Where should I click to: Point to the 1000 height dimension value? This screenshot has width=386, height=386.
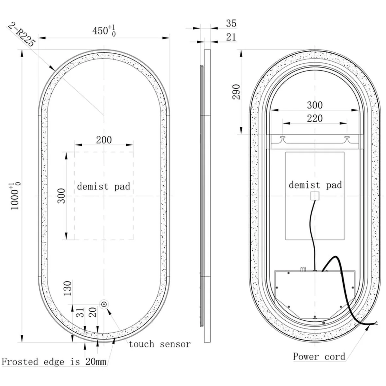pos(15,196)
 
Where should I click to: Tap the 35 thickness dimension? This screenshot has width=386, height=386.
pos(231,23)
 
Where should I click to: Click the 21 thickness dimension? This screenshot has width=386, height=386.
pos(231,37)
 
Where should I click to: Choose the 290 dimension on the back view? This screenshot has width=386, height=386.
pos(236,92)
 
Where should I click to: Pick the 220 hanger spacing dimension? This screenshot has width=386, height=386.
pos(315,118)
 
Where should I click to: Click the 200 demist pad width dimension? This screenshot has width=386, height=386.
pos(104,140)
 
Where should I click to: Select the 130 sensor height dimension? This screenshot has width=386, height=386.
pos(68,288)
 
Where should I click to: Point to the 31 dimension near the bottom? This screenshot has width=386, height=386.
pos(80,313)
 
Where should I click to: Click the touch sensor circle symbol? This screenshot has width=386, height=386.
pos(104,304)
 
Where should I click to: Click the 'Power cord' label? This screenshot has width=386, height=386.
pos(319,356)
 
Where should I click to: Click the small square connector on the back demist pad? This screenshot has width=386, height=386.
pos(315,196)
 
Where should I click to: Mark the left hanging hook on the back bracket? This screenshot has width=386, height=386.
pos(283,139)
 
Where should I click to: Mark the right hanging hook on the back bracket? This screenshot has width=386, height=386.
pos(347,139)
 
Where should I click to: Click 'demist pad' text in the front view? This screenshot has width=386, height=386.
pos(104,187)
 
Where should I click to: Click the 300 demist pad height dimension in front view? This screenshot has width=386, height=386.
pos(61,196)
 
